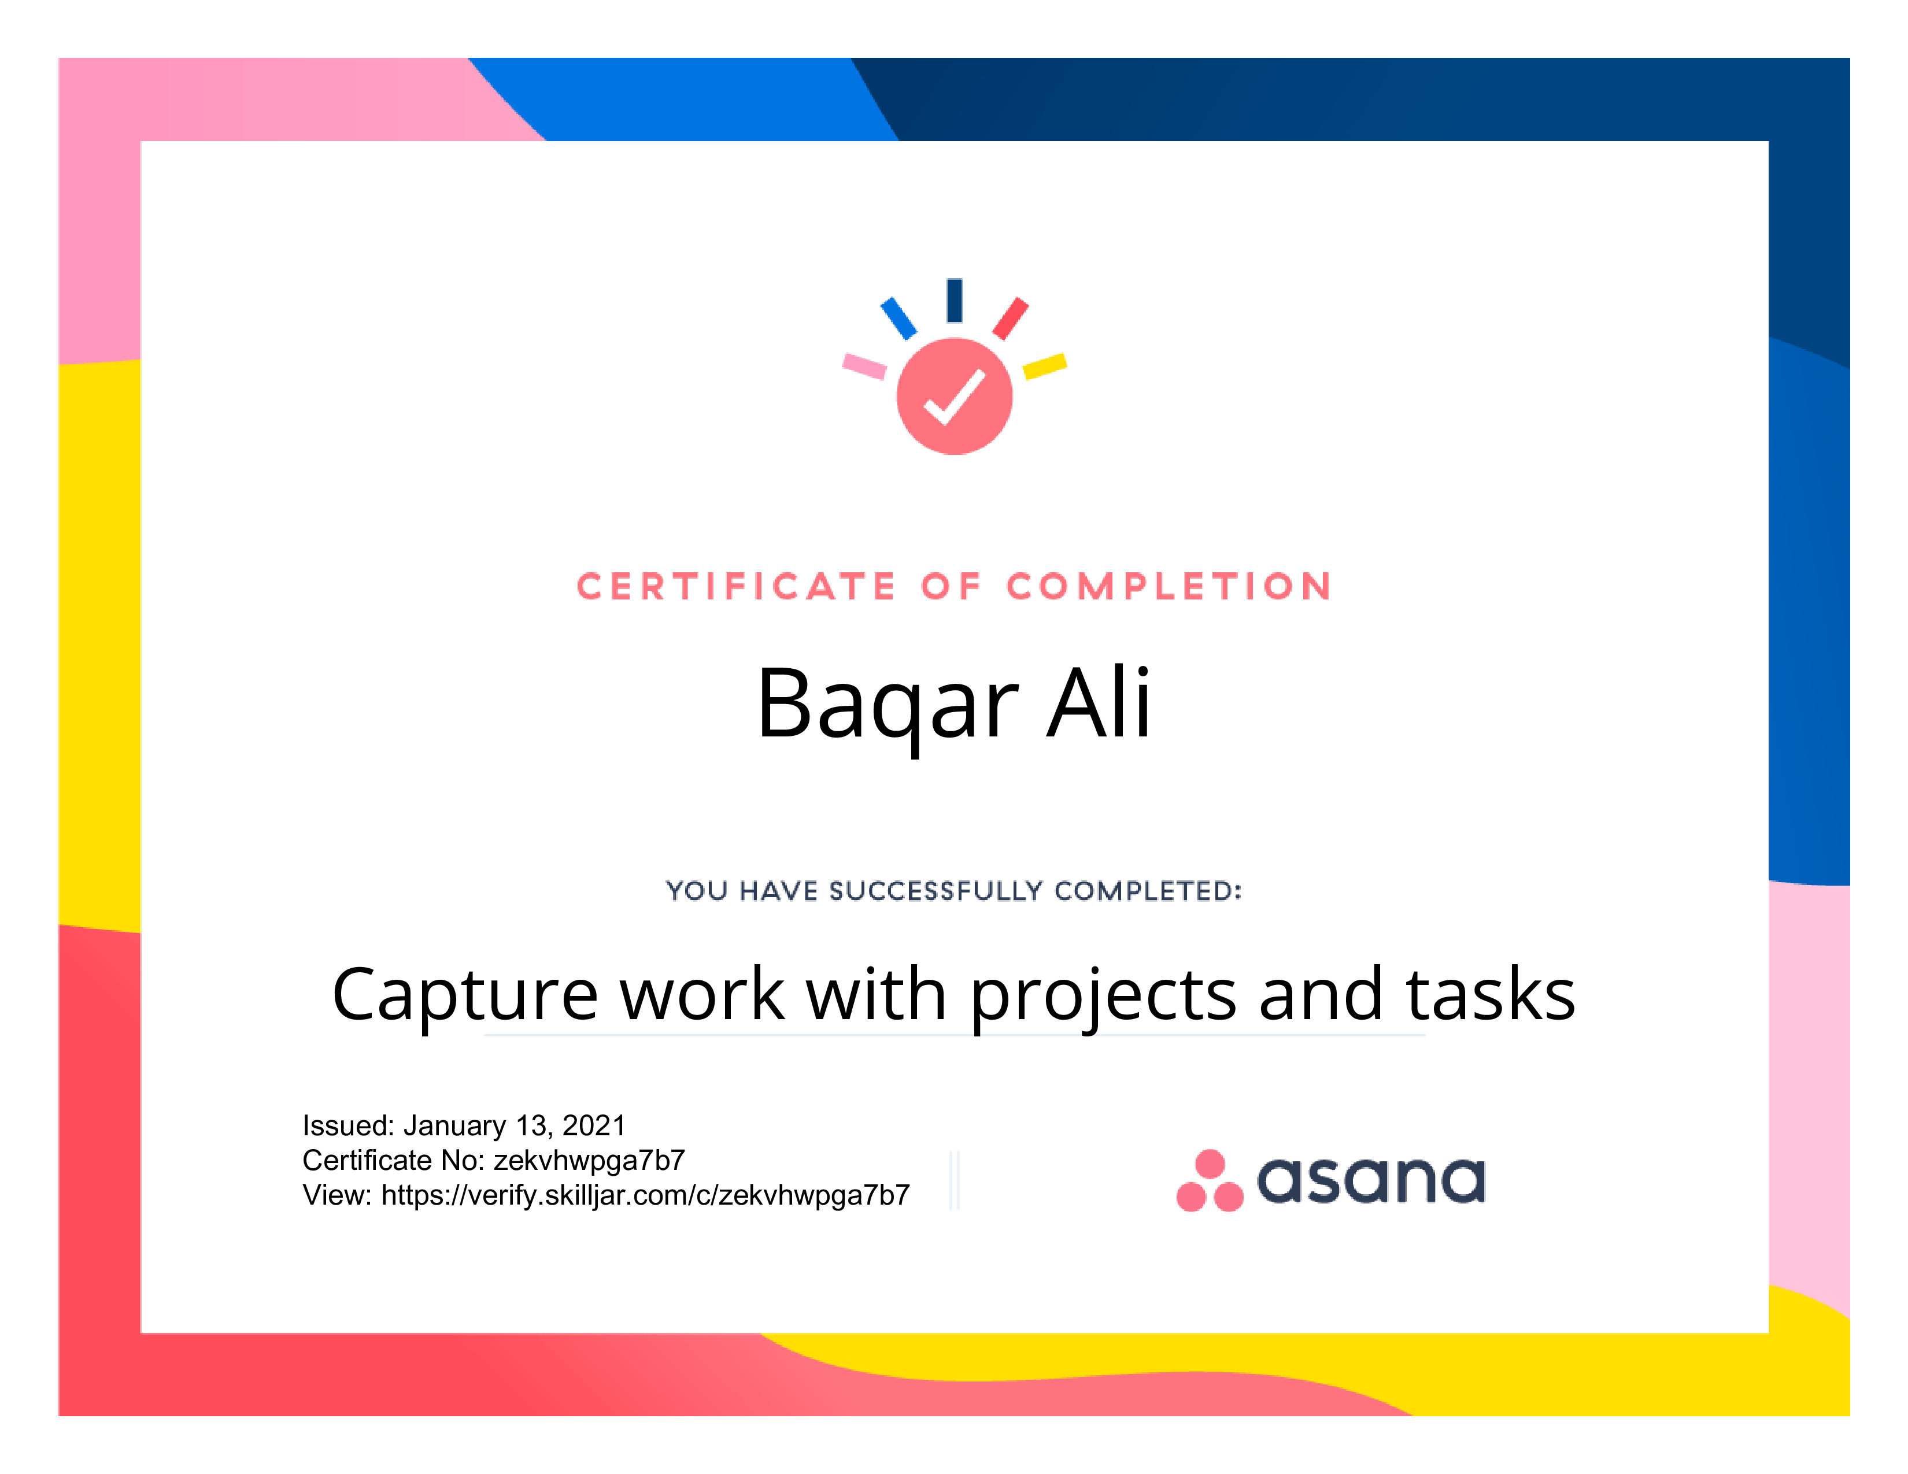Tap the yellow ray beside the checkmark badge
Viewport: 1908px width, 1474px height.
pos(1045,366)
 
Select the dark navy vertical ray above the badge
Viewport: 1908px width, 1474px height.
pos(955,301)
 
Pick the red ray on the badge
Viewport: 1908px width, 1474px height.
pos(1011,318)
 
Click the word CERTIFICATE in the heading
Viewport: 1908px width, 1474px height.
pos(737,587)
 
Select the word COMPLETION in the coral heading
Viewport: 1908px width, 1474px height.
pos(1170,587)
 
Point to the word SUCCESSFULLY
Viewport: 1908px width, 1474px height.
pos(937,891)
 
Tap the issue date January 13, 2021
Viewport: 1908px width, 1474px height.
pos(515,1125)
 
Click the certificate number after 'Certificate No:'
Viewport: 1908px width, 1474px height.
pos(589,1161)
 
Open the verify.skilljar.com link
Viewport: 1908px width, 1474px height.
pos(646,1195)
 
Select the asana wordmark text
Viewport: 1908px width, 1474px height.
pos(1371,1180)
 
